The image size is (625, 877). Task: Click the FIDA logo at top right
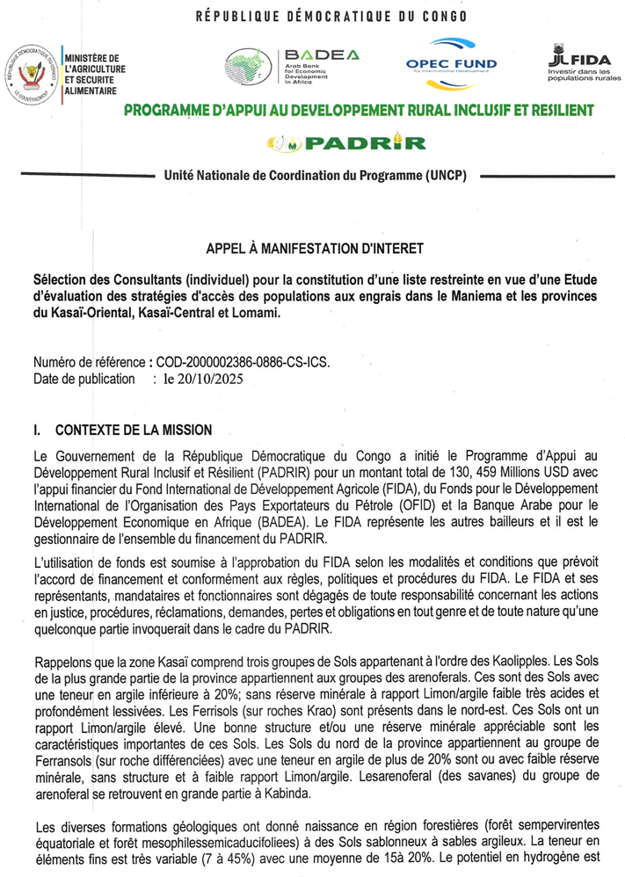(x=583, y=63)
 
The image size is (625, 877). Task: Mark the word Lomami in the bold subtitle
(x=253, y=314)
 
